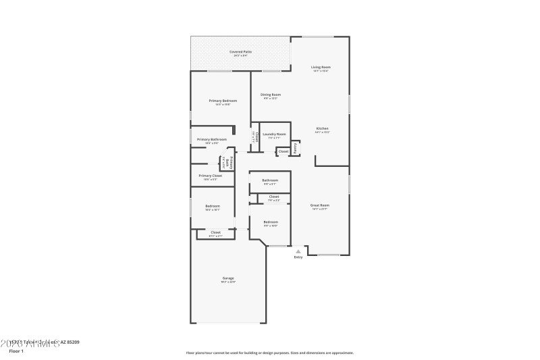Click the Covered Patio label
pos(240,51)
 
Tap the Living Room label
pos(321,67)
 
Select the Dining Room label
pos(271,95)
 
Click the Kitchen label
pos(322,128)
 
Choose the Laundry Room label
pos(274,134)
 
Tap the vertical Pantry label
pos(296,147)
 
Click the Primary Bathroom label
pos(212,139)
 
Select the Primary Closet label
pos(211,176)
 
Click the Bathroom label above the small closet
pos(270,180)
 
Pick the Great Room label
pos(319,205)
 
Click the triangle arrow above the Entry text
pos(298,251)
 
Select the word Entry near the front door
pos(298,257)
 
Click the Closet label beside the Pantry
pos(283,151)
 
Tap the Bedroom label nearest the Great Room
pos(270,222)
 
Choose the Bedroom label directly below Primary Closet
pos(212,206)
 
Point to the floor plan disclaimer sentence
pos(269,352)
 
